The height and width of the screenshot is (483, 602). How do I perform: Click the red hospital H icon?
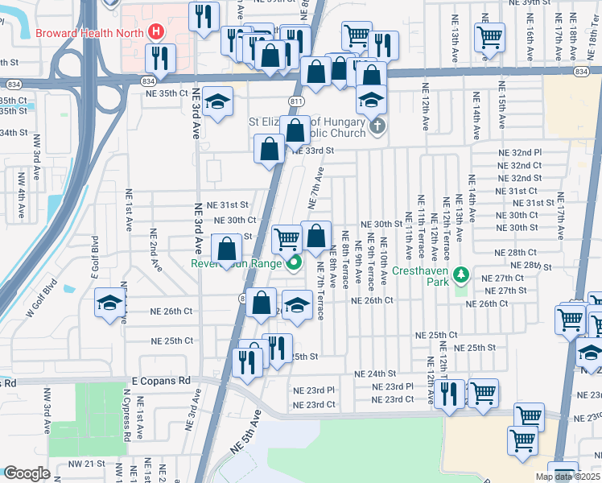tap(157, 33)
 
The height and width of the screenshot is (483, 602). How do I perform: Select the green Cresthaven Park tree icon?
tap(461, 275)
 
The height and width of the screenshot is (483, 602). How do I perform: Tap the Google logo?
tap(27, 473)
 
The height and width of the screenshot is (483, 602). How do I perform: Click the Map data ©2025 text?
tap(567, 476)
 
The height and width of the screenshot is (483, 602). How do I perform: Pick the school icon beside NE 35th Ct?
tap(216, 103)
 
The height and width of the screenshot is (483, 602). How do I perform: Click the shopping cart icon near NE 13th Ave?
tap(489, 36)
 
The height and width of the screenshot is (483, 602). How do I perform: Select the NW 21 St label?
tap(87, 464)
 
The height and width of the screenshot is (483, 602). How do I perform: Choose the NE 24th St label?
tap(376, 374)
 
